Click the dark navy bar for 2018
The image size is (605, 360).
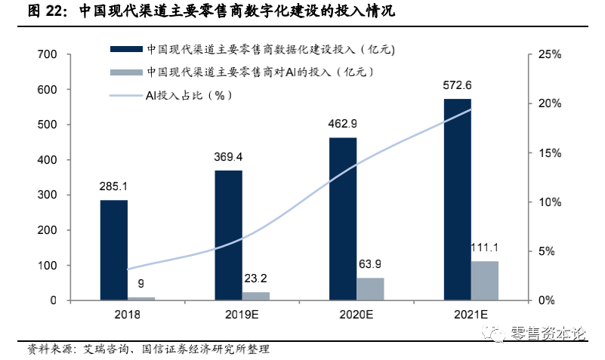pyautogui.click(x=114, y=250)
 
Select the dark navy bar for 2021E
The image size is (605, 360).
pyautogui.click(x=457, y=199)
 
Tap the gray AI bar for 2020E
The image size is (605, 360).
pyautogui.click(x=371, y=289)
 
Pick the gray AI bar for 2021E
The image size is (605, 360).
pyautogui.click(x=485, y=281)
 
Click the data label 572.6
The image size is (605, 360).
pyautogui.click(x=457, y=85)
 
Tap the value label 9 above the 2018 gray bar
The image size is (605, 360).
pyautogui.click(x=141, y=284)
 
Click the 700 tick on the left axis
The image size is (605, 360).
pyautogui.click(x=47, y=54)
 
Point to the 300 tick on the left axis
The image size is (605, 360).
pyautogui.click(x=47, y=195)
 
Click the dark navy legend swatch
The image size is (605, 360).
pyautogui.click(x=125, y=50)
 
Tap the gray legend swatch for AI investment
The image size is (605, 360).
pyautogui.click(x=125, y=72)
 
